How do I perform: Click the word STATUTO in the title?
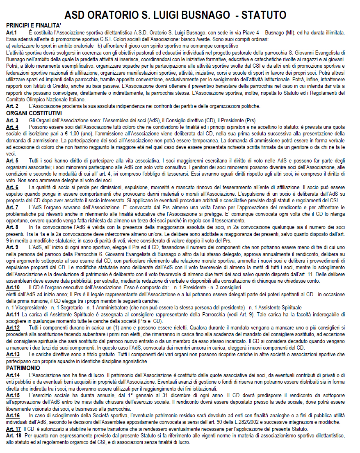tap(264, 15)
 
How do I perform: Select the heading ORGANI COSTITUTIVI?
tap(34, 113)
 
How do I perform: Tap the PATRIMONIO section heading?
tap(23, 368)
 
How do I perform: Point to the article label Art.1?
tap(12, 32)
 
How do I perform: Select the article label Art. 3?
tap(12, 120)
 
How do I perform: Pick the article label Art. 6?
tap(12, 187)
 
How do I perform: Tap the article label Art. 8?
tap(12, 227)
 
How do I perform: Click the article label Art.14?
tap(13, 375)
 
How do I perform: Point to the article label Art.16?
tap(13, 415)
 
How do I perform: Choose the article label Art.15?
tap(13, 395)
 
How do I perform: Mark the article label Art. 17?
tap(13, 428)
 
